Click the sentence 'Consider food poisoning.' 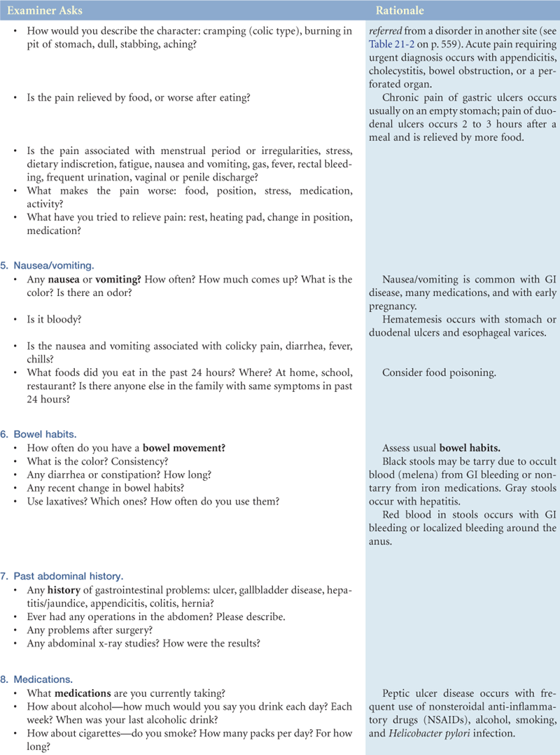tap(439, 373)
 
